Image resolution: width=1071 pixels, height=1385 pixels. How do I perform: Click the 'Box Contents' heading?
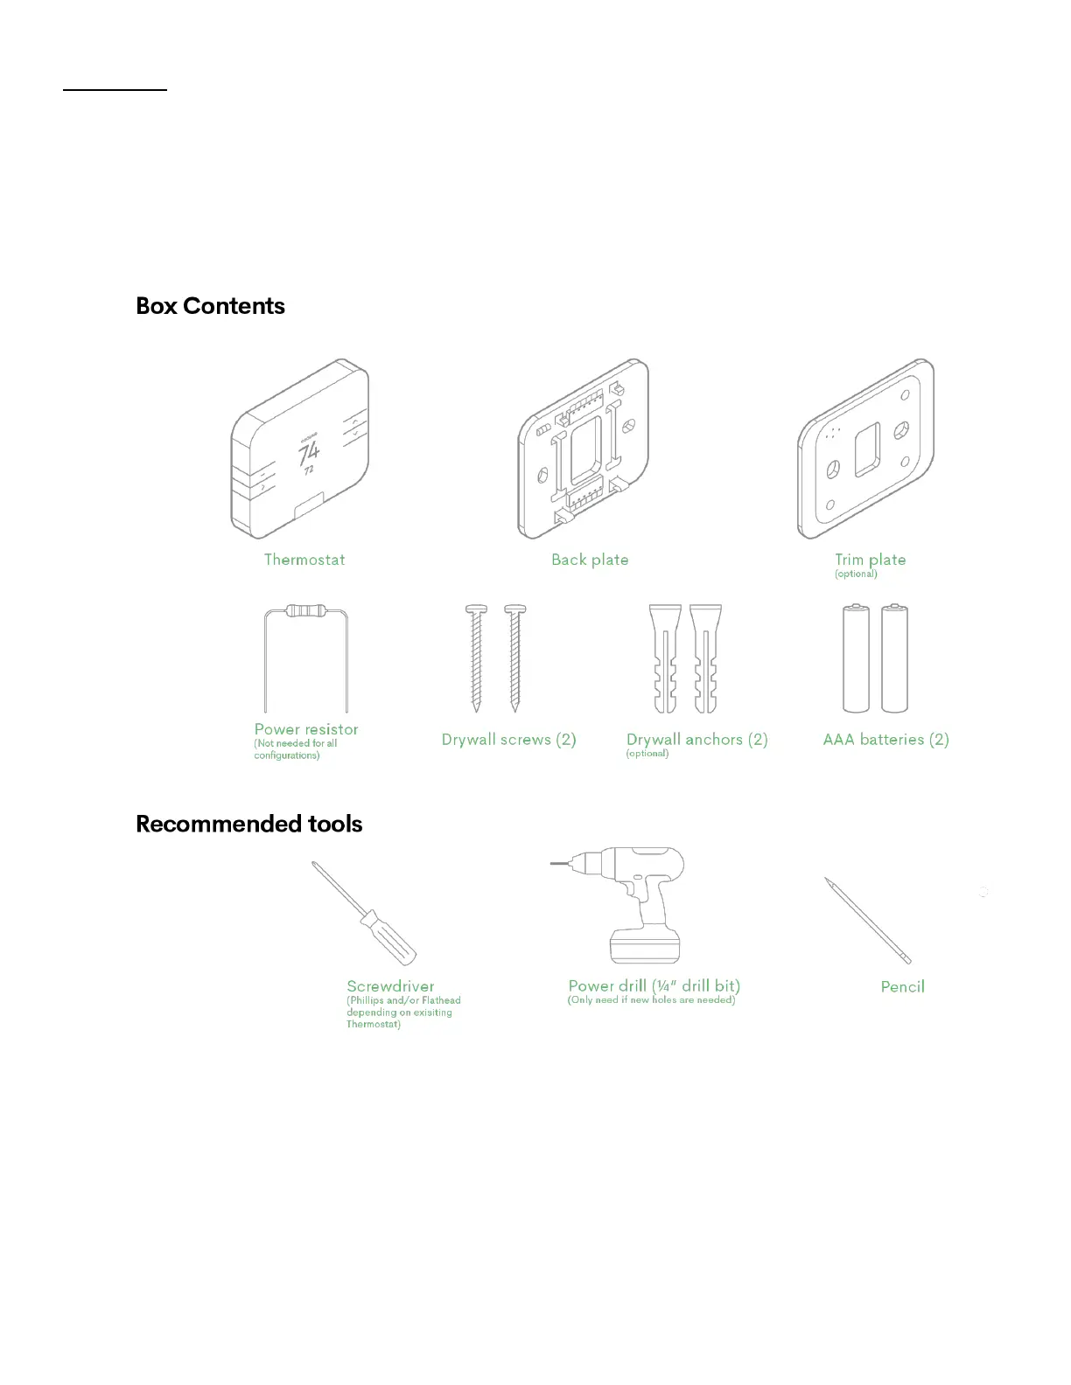210,306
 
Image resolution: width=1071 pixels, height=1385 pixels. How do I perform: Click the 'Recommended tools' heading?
248,824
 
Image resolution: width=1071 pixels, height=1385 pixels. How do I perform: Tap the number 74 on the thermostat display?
309,453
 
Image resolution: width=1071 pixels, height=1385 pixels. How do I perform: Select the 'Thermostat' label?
304,560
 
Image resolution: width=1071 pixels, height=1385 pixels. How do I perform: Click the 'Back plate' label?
590,560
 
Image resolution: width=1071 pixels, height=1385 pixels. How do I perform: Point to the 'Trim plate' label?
870,560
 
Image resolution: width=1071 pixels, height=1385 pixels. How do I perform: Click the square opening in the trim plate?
867,449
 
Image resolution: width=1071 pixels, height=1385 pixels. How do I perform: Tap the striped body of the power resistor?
305,610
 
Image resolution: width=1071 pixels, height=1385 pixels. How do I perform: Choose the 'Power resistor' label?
306,729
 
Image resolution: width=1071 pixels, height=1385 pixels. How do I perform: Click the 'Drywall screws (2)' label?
508,740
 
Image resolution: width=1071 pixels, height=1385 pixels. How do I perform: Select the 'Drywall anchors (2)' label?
696,740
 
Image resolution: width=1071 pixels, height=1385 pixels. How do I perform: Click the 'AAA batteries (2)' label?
885,740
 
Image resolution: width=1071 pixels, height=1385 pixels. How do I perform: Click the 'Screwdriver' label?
390,986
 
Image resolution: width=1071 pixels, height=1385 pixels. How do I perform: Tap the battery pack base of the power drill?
645,946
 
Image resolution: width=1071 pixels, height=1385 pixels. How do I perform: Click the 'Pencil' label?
902,987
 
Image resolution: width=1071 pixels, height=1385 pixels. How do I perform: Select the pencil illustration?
867,920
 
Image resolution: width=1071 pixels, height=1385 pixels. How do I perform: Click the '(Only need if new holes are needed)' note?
651,1000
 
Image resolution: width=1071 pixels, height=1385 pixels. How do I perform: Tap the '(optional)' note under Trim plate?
856,574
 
